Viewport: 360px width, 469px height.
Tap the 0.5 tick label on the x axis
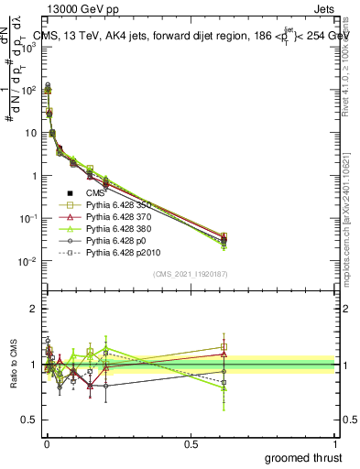(x=191, y=442)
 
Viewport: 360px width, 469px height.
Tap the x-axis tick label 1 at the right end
(x=335, y=442)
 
